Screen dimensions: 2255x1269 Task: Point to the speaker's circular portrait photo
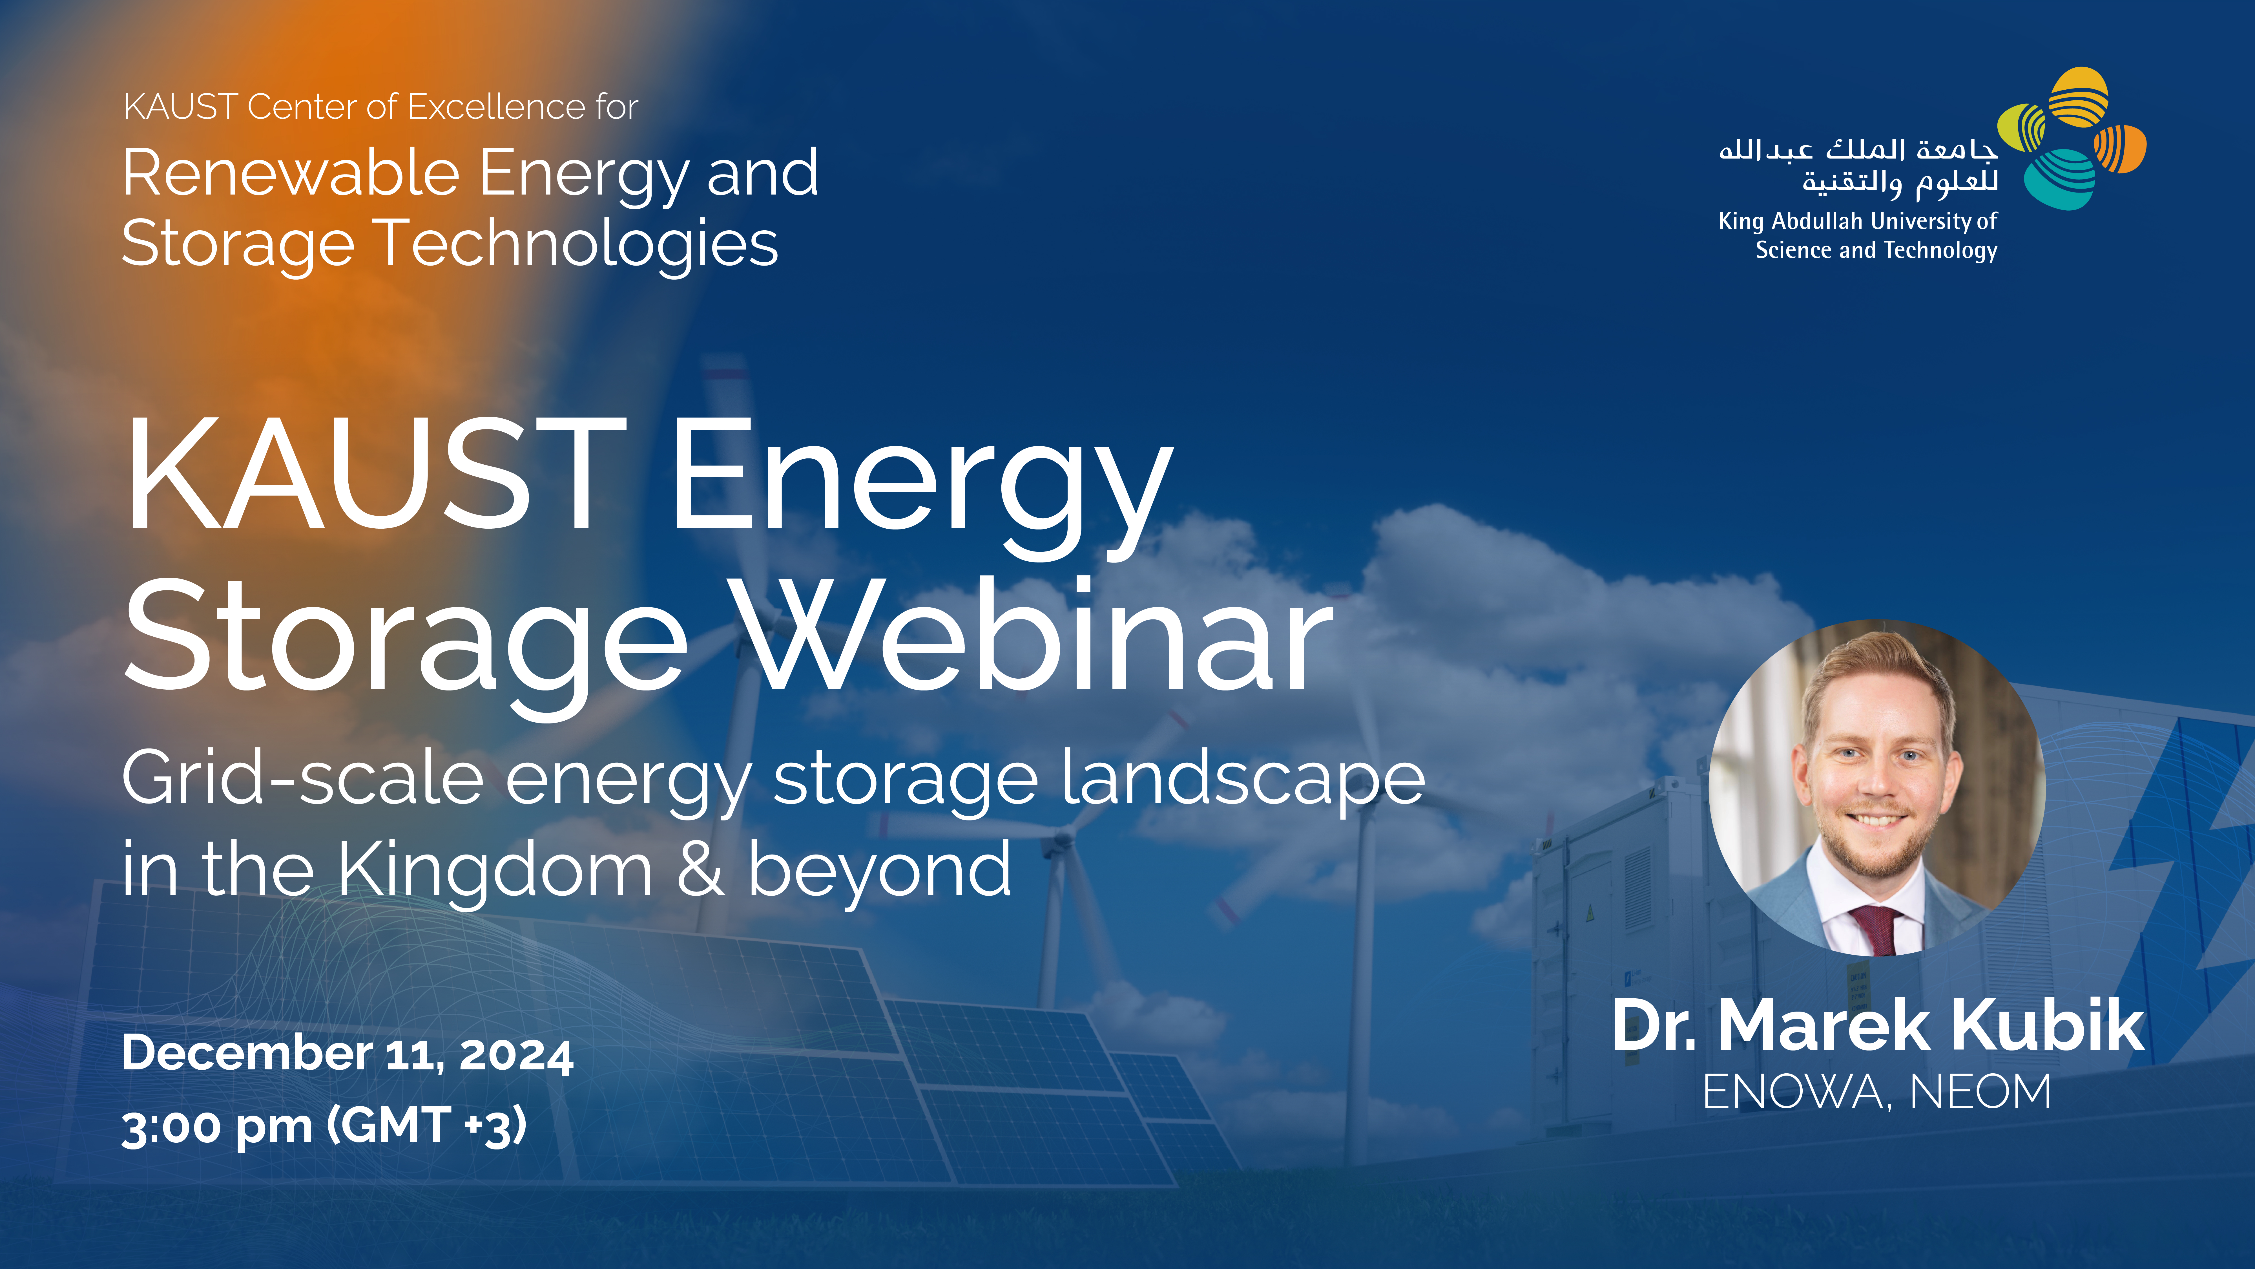click(1878, 788)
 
